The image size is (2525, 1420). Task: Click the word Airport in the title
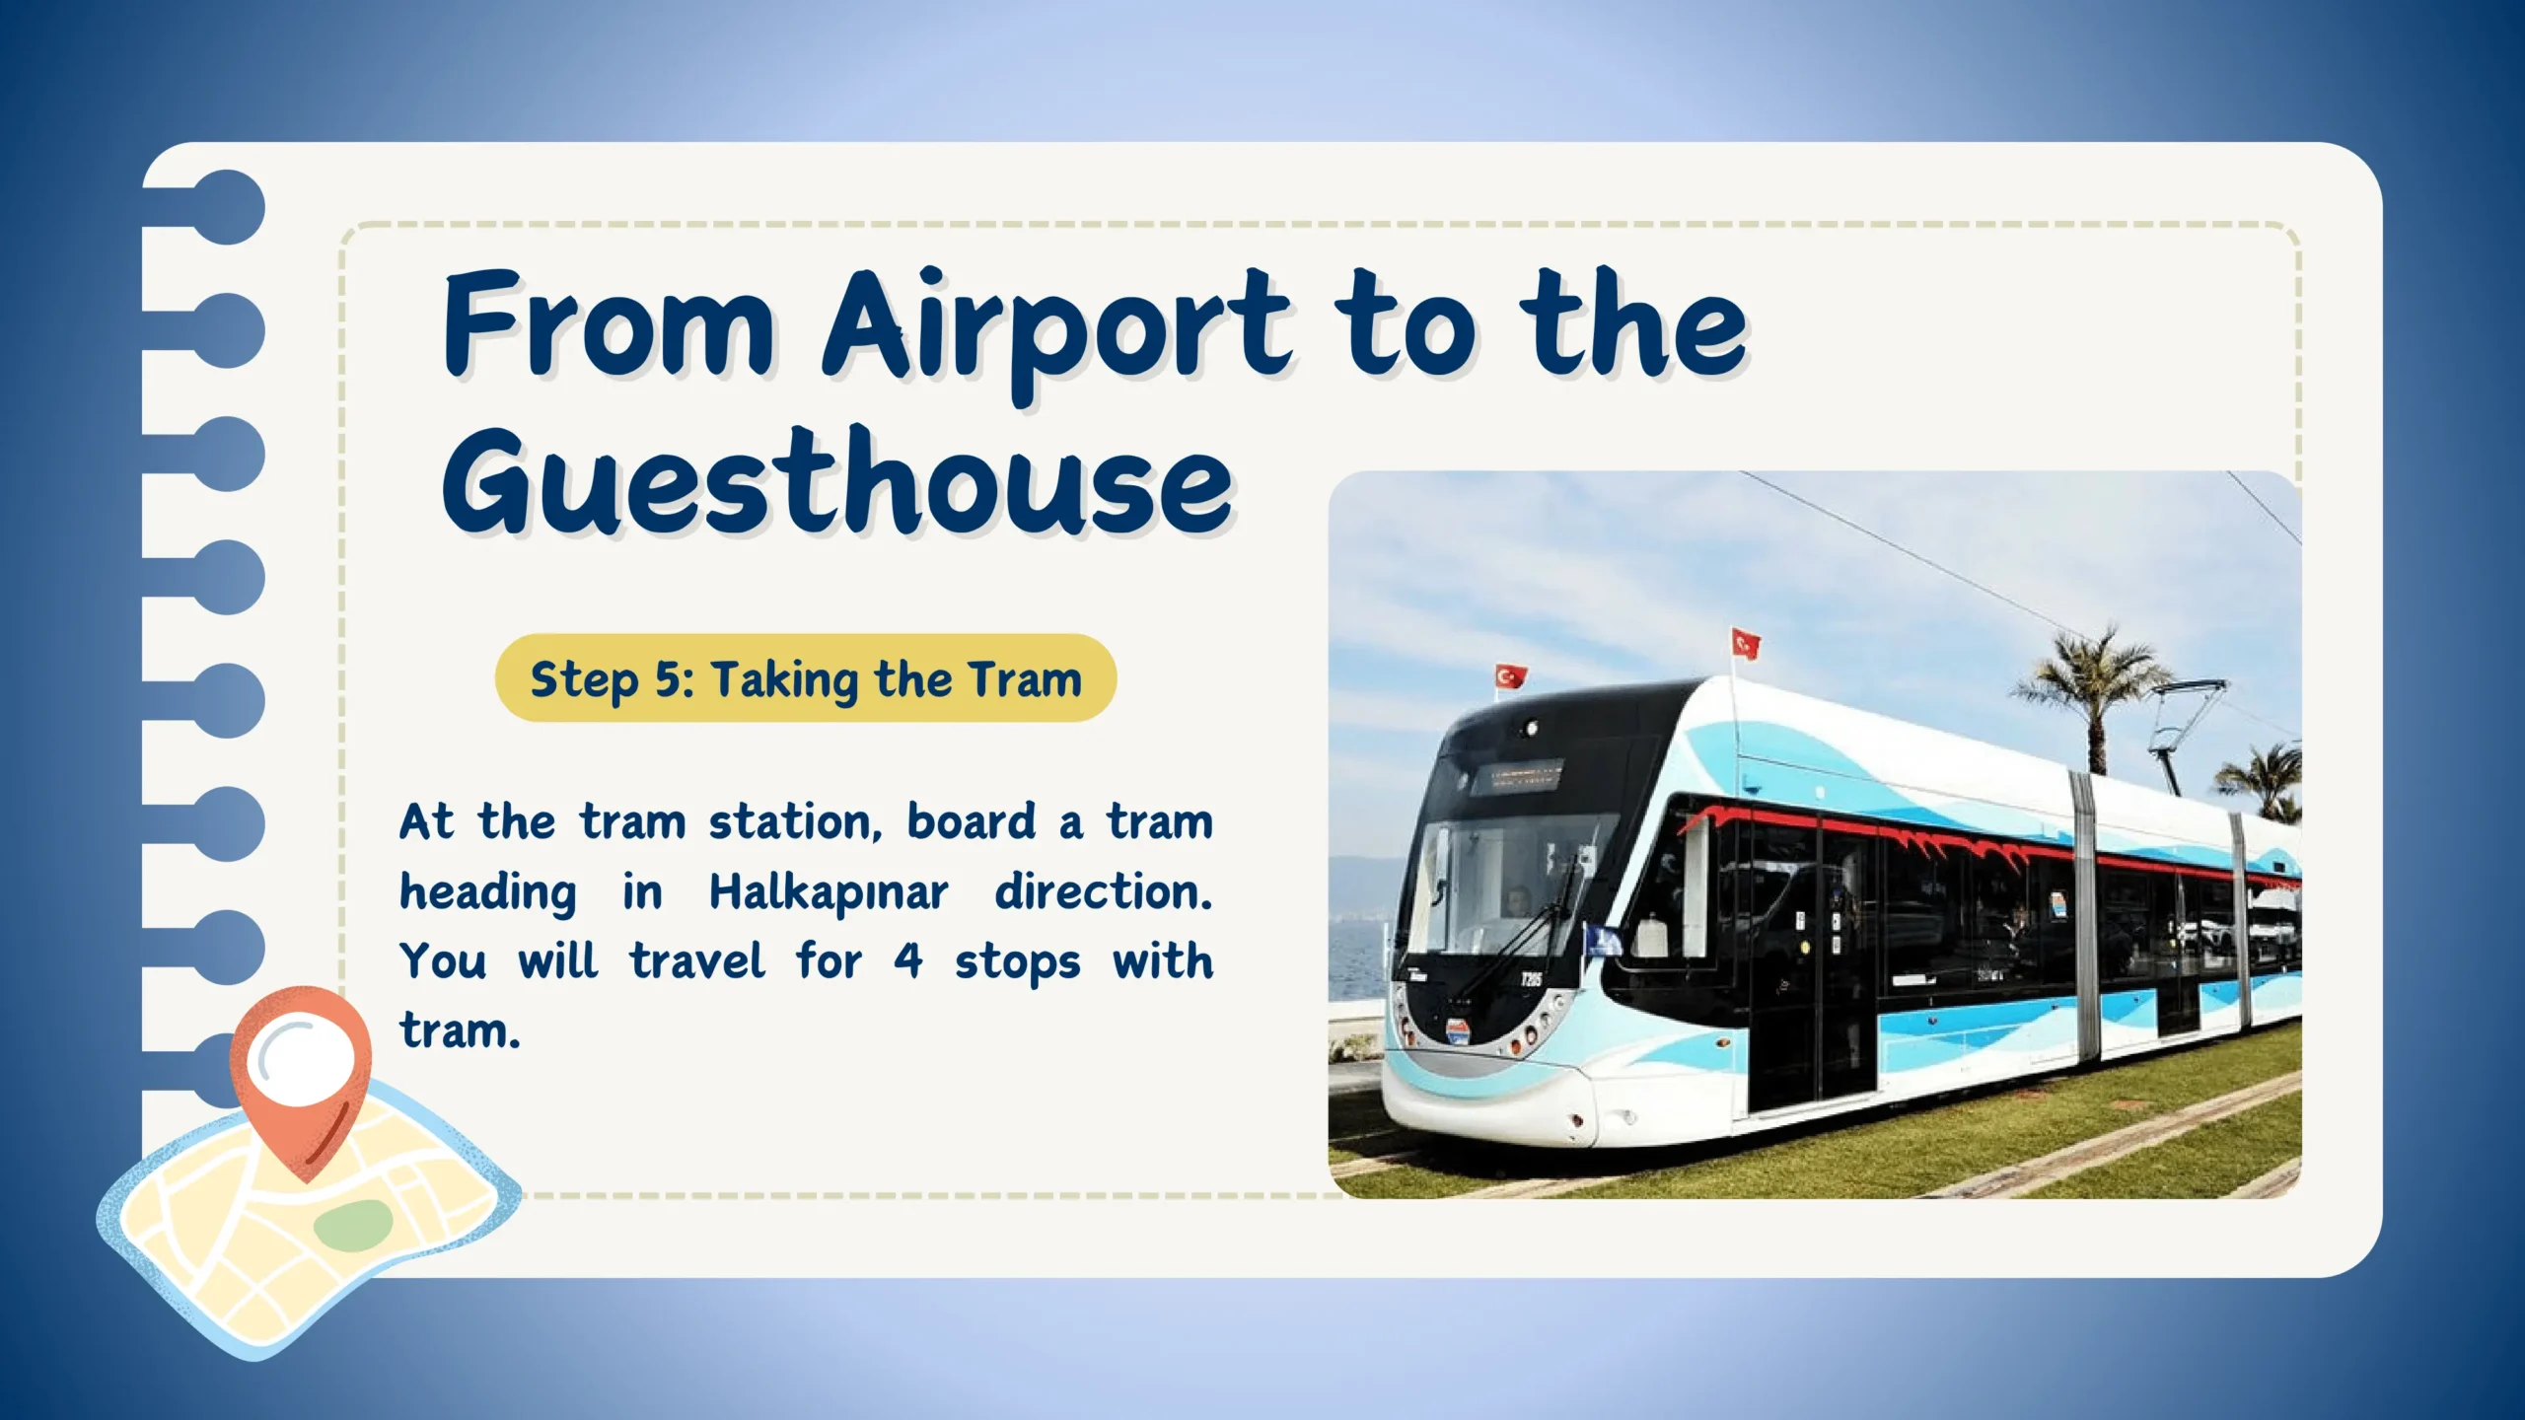pos(1056,330)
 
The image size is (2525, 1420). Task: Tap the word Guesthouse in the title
pos(838,483)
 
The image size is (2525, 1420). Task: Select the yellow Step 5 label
pos(805,678)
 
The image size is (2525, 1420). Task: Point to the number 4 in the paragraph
pos(908,961)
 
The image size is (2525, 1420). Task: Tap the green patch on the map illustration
pos(353,1224)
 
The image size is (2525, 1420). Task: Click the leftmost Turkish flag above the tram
pos(1510,677)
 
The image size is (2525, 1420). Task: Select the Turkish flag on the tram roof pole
pos(1746,644)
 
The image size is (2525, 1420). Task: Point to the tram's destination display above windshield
pos(1516,776)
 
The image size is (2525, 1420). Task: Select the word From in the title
pos(609,325)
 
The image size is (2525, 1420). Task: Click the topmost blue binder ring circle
pos(227,207)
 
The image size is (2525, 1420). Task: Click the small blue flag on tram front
pos(1604,941)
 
